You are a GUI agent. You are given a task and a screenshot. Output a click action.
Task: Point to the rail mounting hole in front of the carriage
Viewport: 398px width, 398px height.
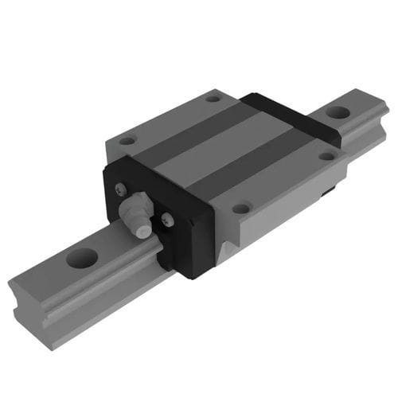click(x=82, y=257)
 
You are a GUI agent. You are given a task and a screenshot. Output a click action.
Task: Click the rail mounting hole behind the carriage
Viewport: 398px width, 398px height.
click(x=337, y=113)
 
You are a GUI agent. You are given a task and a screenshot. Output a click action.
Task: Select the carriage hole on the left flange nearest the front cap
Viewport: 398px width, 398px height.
click(x=127, y=141)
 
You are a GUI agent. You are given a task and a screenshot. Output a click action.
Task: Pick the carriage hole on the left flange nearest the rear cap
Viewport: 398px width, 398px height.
click(x=213, y=99)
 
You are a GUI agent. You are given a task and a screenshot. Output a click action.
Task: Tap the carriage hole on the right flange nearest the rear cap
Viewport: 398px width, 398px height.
click(x=326, y=155)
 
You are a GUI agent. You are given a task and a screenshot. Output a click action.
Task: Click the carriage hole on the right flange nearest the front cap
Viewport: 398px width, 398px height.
click(x=241, y=208)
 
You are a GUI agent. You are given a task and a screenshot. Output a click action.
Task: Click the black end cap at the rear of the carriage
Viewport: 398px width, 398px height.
click(x=295, y=115)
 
